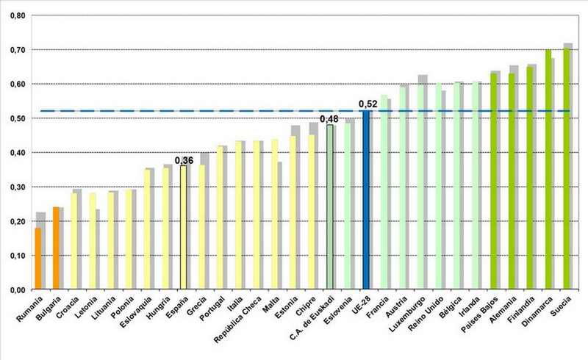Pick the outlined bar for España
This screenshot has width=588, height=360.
point(183,227)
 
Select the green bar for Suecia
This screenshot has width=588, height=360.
point(565,169)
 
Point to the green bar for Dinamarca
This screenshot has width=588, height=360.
point(548,169)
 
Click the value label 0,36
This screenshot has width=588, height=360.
point(183,159)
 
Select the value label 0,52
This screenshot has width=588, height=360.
point(367,104)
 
